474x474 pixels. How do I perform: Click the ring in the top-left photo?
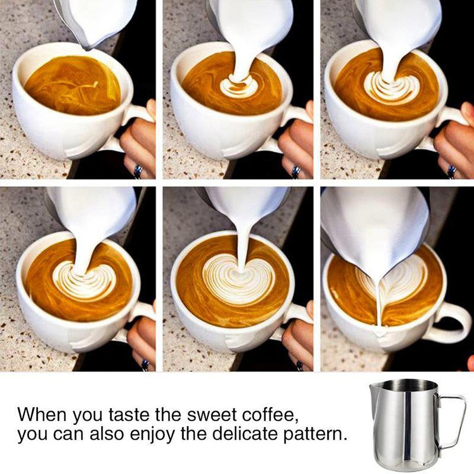[x=139, y=171]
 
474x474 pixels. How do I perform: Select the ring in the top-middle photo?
[x=296, y=171]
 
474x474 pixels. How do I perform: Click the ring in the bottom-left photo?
[x=145, y=365]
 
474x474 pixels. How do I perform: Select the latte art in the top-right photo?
[x=390, y=88]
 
